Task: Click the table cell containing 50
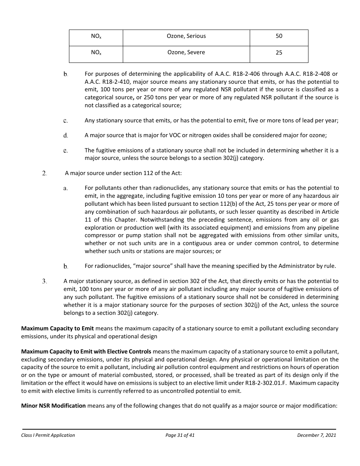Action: (x=279, y=36)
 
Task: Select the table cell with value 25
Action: (x=279, y=53)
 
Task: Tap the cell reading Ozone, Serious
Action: (x=186, y=36)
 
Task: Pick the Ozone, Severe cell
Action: (x=186, y=53)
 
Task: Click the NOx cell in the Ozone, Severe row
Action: (x=96, y=53)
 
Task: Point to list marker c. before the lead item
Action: (x=66, y=121)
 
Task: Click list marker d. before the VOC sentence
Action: (x=66, y=136)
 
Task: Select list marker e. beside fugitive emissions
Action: (x=66, y=151)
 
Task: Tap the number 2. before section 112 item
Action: (x=44, y=174)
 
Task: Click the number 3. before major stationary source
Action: (x=44, y=281)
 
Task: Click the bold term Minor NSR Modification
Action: (x=53, y=406)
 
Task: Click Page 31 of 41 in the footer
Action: (x=180, y=435)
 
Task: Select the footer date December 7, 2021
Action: (x=316, y=435)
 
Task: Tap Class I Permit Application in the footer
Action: (x=48, y=435)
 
